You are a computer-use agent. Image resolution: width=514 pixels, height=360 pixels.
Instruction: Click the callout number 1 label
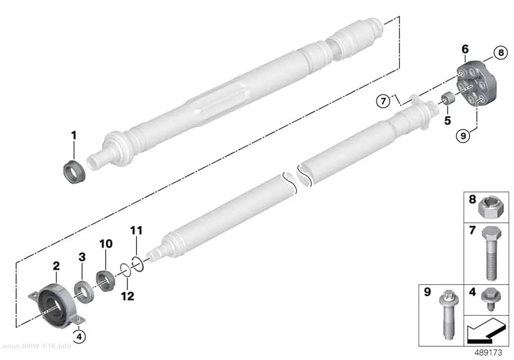click(x=74, y=135)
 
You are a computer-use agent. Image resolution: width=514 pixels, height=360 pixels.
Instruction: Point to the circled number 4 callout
click(x=79, y=336)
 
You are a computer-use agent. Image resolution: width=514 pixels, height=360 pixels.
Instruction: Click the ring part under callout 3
click(x=85, y=292)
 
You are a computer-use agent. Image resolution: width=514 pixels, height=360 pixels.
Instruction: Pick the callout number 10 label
click(x=106, y=243)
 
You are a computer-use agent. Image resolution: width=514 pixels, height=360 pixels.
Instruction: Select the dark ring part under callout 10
click(x=106, y=280)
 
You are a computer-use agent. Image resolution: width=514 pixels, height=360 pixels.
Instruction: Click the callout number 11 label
click(x=137, y=231)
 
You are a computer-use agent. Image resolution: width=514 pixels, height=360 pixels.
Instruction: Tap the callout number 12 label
click(x=127, y=296)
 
